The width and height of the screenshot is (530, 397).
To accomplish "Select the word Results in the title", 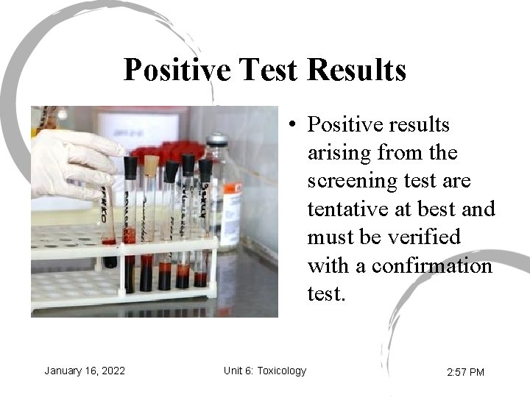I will (x=356, y=71).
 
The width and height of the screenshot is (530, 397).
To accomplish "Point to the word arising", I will (x=339, y=154).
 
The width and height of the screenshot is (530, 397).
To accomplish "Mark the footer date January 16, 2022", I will (x=85, y=371).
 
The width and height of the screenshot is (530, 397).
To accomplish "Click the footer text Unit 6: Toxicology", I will (x=265, y=371).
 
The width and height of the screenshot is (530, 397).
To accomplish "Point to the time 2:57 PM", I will (x=465, y=372).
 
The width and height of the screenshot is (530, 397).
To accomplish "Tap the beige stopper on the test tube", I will (x=152, y=165).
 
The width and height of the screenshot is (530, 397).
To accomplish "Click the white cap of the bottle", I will (x=216, y=140).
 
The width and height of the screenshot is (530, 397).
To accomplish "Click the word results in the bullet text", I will (x=417, y=126).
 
